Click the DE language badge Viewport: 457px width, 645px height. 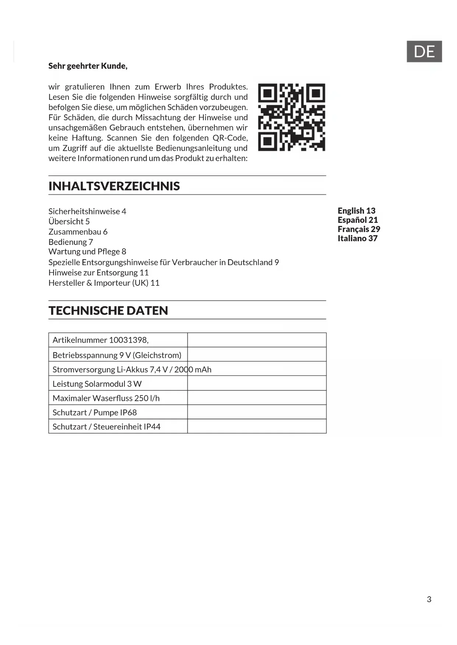(x=424, y=51)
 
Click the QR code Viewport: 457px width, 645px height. (x=291, y=117)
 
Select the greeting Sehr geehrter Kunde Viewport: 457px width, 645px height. (x=88, y=66)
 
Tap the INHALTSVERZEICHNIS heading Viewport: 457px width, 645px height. (x=114, y=186)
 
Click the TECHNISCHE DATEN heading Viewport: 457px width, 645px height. (x=108, y=311)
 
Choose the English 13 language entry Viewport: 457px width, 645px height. (x=356, y=211)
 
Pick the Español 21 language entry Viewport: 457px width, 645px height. (x=358, y=220)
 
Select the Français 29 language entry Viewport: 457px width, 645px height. (x=359, y=229)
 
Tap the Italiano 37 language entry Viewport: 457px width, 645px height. (x=357, y=238)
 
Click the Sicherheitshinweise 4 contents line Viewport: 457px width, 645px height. (x=87, y=211)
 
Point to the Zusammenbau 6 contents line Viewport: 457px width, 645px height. (x=78, y=232)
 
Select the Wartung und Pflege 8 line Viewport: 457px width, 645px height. (x=87, y=252)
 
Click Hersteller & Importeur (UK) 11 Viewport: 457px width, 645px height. (x=104, y=283)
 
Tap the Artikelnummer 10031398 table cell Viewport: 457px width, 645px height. (x=101, y=340)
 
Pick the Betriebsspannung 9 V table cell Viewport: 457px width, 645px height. (x=117, y=355)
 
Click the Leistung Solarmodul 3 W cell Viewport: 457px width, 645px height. (x=97, y=384)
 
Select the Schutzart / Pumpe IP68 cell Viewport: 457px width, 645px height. (x=95, y=413)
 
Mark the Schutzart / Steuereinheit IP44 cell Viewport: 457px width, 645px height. (x=106, y=427)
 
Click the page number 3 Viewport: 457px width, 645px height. (x=429, y=599)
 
